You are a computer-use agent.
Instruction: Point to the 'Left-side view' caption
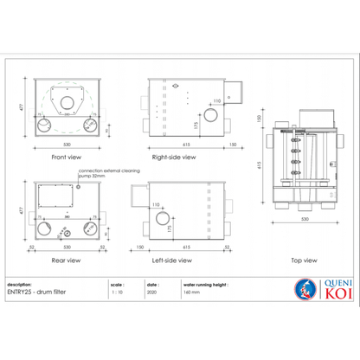click(x=176, y=259)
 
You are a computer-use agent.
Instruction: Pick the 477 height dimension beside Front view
click(x=22, y=111)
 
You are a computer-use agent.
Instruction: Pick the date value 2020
click(x=152, y=292)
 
